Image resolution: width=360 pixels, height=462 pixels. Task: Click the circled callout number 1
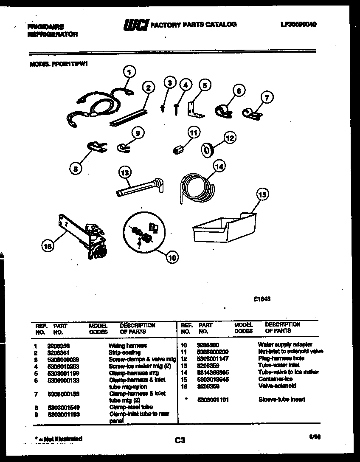130,72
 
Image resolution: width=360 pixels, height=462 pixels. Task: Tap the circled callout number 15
263,194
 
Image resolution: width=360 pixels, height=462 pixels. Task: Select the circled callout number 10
172,256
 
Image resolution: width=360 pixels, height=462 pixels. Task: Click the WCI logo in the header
135,26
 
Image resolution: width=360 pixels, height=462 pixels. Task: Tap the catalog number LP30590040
298,24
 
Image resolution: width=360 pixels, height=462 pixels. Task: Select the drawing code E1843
262,299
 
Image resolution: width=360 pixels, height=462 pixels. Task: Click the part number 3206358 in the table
56,346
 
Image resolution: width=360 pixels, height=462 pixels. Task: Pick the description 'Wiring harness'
128,346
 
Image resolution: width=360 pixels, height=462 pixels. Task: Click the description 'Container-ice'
275,379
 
